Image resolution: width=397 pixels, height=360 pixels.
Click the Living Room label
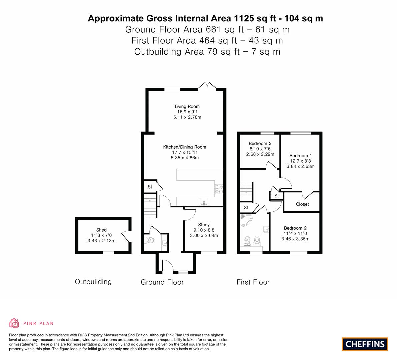[x=187, y=107]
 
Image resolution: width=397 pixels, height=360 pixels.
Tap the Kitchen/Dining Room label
[x=185, y=147]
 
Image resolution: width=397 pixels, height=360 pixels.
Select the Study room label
[x=204, y=225]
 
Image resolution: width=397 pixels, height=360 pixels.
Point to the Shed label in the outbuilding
[x=101, y=230]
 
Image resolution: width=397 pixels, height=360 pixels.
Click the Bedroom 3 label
[x=260, y=143]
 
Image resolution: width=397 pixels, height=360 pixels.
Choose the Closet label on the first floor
[x=302, y=204]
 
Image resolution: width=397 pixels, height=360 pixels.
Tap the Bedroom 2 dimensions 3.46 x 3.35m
[x=295, y=239]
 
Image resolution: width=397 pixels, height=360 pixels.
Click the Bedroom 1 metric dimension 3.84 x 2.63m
[x=301, y=166]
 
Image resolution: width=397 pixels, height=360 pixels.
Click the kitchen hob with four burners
[x=219, y=189]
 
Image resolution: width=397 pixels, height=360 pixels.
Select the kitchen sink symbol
[x=204, y=202]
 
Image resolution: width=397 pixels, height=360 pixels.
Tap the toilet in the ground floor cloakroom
[x=149, y=240]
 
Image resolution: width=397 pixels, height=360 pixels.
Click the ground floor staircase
[x=150, y=206]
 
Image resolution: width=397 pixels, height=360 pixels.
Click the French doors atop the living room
[x=207, y=86]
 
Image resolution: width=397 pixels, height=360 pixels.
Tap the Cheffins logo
[x=365, y=344]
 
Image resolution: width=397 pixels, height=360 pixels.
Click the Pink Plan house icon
[x=14, y=323]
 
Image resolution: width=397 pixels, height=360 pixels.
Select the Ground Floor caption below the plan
[x=162, y=282]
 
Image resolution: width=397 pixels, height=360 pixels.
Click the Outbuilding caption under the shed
[x=93, y=282]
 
